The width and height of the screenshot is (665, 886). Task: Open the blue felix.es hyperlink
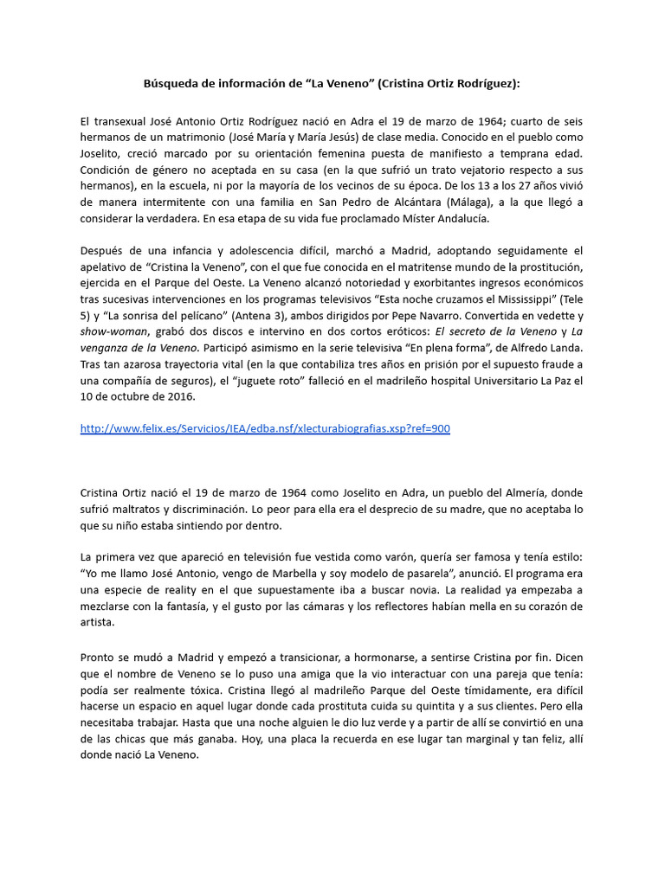(x=265, y=428)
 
